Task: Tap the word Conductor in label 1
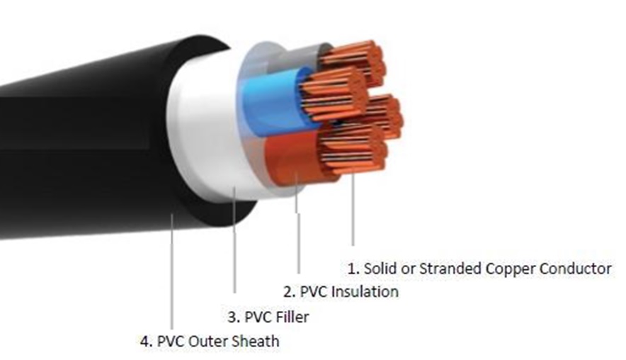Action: coord(575,268)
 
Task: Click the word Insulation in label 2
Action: coord(365,292)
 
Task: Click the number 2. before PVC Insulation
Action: coord(290,292)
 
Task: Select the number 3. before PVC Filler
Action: coord(234,317)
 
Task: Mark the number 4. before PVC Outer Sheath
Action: coord(147,342)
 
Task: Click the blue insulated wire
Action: coord(271,102)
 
